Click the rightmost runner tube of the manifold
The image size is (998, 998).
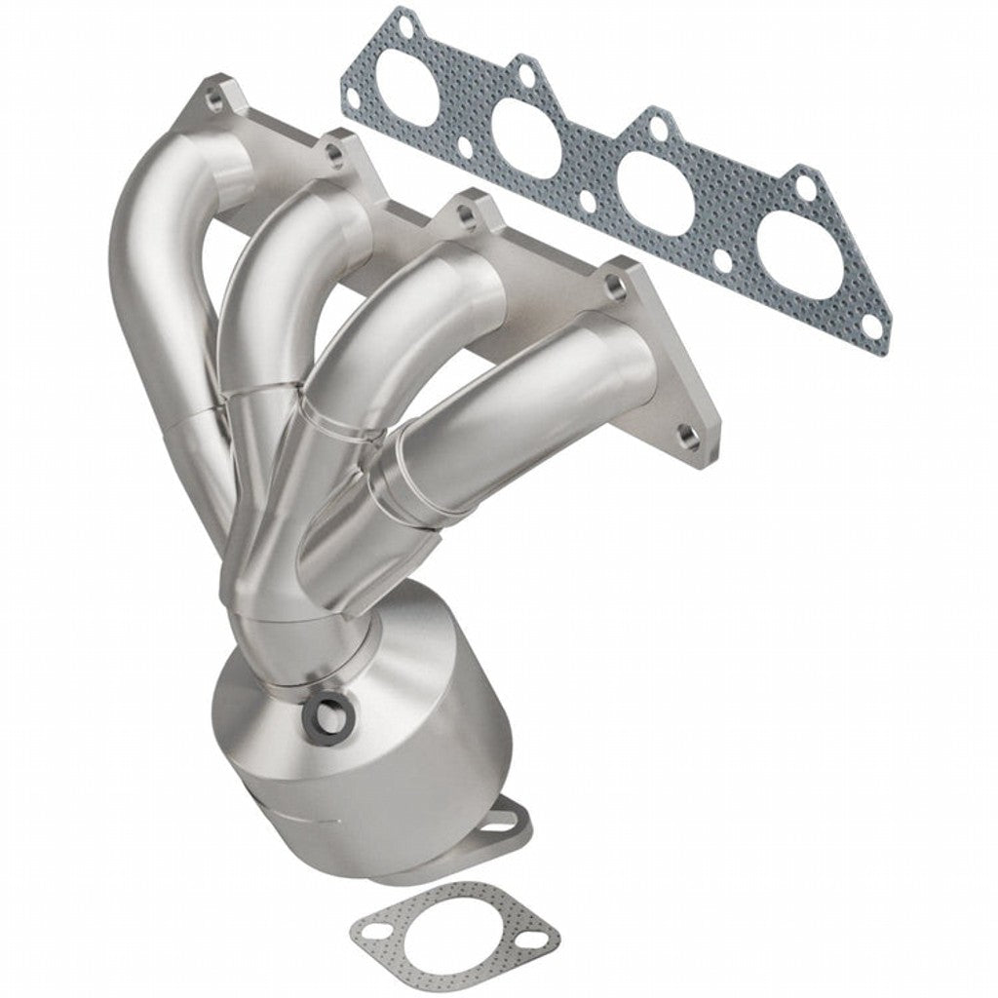(517, 409)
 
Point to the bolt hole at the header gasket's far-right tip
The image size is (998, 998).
(874, 331)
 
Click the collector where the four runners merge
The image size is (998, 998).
(283, 585)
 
